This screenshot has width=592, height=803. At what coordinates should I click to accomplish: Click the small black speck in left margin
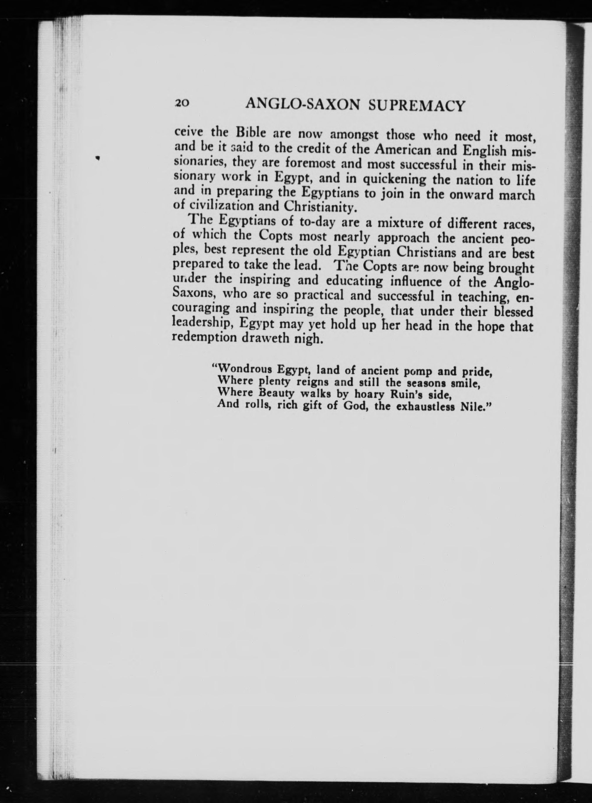(x=97, y=157)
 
